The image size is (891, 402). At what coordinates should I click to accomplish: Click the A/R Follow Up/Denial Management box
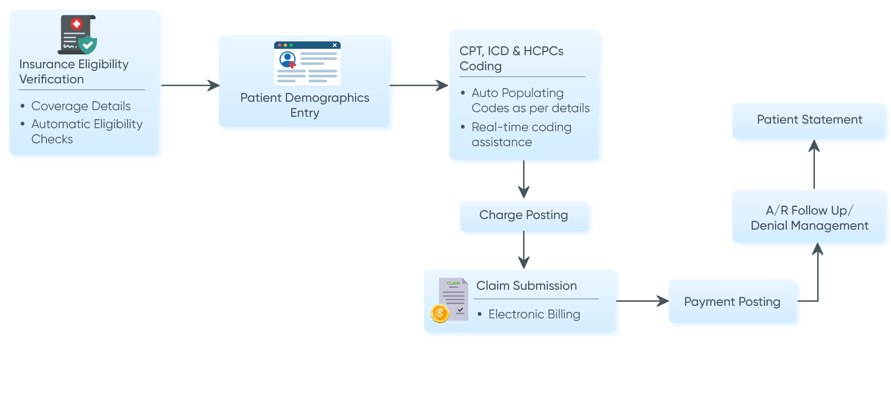click(809, 218)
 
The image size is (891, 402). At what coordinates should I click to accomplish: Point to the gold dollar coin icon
click(439, 313)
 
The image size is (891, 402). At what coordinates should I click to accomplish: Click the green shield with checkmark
click(87, 45)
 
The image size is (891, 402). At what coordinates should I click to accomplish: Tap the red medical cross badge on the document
click(77, 24)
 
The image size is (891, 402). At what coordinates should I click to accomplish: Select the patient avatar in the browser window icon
click(287, 59)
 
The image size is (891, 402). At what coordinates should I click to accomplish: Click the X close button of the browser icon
click(335, 45)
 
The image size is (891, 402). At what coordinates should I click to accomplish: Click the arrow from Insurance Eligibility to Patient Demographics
click(190, 85)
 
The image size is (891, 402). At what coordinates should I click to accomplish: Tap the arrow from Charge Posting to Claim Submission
click(524, 251)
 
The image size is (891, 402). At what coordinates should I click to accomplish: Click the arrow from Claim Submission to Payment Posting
click(643, 301)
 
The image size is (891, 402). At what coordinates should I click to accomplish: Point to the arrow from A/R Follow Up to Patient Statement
click(814, 165)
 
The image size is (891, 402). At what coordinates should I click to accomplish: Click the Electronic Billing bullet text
click(534, 314)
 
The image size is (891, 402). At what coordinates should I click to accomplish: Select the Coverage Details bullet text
click(81, 106)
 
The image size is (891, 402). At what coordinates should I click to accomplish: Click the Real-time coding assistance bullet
click(521, 135)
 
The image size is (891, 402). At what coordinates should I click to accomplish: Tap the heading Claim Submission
click(526, 285)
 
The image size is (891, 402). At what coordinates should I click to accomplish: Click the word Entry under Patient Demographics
click(304, 113)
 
